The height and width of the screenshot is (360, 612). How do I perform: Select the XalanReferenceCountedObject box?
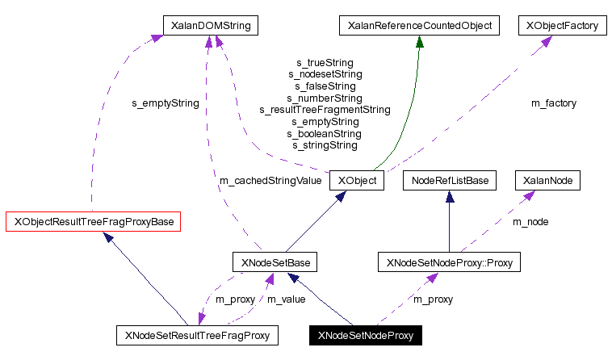click(x=418, y=26)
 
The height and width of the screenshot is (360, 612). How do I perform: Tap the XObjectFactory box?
click(x=562, y=26)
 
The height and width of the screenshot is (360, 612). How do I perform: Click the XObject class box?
click(x=356, y=180)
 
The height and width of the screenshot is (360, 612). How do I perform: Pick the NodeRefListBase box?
click(x=449, y=180)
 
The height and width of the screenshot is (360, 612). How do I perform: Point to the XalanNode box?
click(x=548, y=180)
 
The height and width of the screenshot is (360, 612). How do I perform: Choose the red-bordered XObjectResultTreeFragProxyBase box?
click(x=92, y=220)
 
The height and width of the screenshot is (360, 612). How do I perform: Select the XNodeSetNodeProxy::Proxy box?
click(x=450, y=262)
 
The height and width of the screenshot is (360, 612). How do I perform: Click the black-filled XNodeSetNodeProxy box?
click(x=366, y=334)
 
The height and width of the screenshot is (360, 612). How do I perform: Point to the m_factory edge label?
click(x=553, y=103)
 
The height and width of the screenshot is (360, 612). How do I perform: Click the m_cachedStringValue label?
click(x=270, y=181)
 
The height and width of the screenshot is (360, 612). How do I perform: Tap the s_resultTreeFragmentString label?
click(x=325, y=109)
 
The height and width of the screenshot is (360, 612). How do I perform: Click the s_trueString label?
click(x=325, y=62)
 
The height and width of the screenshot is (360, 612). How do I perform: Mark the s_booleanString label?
click(x=325, y=133)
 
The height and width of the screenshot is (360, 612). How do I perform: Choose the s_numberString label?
click(x=325, y=98)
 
